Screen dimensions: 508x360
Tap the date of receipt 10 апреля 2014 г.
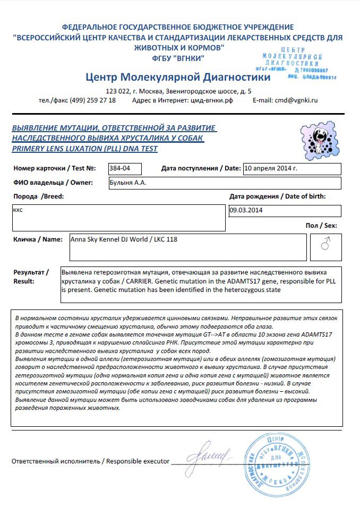270,168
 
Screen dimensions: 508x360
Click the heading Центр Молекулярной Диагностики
177,78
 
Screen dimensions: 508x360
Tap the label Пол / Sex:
321,226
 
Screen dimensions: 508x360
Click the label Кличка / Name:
38,239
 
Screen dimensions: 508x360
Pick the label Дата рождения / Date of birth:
277,196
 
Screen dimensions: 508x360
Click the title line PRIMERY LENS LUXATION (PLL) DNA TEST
85,149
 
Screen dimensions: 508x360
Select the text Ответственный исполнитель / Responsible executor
91,461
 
